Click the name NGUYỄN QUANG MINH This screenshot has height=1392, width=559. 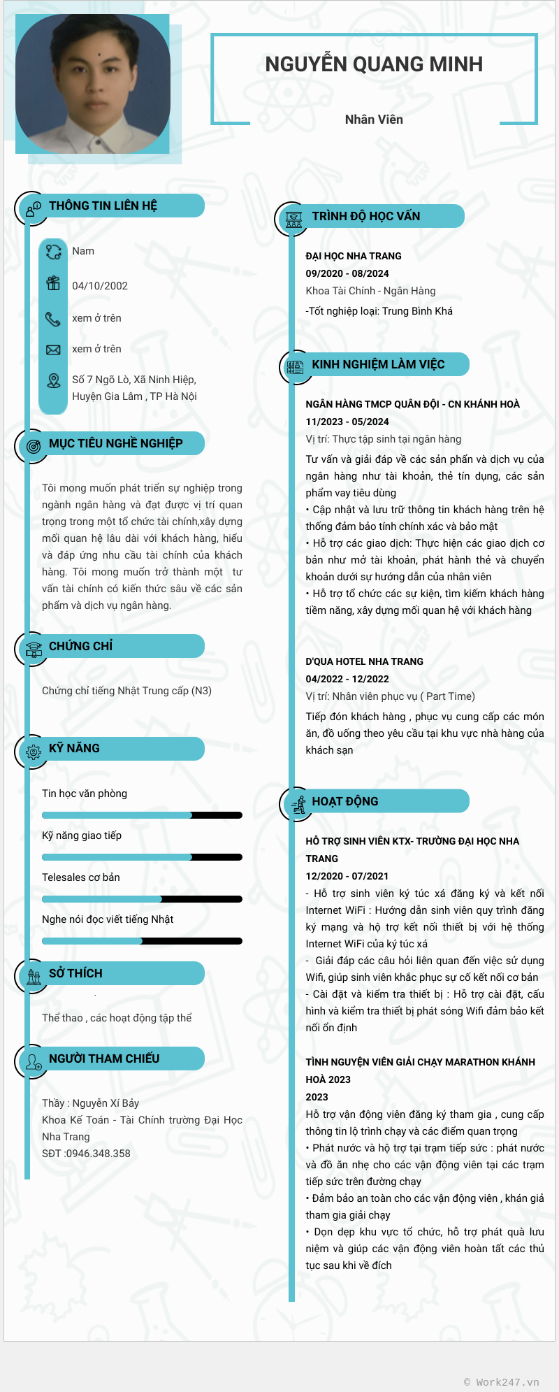(x=374, y=64)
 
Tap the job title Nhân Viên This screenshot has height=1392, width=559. (x=374, y=120)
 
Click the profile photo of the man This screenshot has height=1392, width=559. (x=92, y=84)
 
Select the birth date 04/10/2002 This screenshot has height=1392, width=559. (x=100, y=286)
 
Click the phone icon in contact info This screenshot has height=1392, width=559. (x=53, y=319)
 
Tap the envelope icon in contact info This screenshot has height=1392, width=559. (x=53, y=350)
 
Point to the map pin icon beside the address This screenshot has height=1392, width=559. (x=54, y=380)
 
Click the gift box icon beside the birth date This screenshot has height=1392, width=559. (x=53, y=283)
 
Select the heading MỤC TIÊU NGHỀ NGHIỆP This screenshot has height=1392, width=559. (x=116, y=443)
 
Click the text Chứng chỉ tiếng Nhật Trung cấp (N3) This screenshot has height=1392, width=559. (x=126, y=691)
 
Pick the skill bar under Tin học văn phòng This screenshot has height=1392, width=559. (x=142, y=815)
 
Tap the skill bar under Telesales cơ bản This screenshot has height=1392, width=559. (x=142, y=899)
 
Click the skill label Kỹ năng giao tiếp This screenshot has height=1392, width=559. (x=82, y=835)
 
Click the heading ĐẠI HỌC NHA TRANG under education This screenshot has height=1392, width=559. (x=354, y=256)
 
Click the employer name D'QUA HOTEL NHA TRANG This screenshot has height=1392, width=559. (x=364, y=661)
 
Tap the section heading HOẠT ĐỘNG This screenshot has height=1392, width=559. (x=345, y=801)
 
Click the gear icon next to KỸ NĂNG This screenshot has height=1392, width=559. (x=34, y=752)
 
